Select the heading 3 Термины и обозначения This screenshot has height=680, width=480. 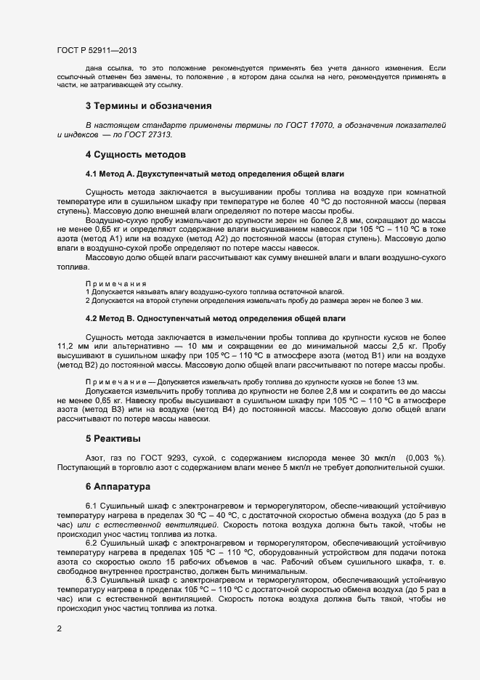click(x=148, y=106)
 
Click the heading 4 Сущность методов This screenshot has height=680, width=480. click(x=136, y=155)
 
